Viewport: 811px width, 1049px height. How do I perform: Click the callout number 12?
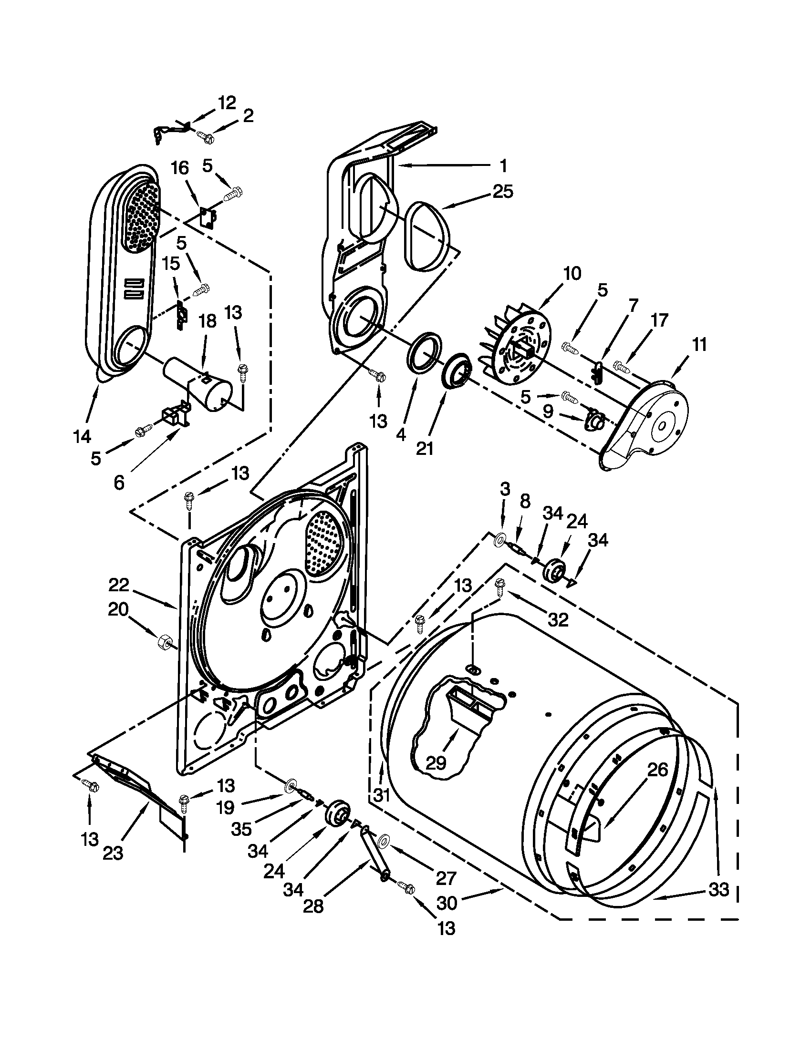tap(227, 103)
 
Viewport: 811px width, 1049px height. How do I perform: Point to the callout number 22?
tap(119, 585)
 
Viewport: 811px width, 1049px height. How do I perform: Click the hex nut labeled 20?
tap(163, 642)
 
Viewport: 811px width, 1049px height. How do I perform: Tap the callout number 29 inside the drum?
tap(436, 762)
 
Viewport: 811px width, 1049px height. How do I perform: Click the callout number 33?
tap(719, 889)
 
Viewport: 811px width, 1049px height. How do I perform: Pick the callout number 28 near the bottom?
tap(313, 906)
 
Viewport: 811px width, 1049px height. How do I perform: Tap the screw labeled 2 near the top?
tap(206, 137)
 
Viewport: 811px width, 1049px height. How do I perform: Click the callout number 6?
tap(119, 482)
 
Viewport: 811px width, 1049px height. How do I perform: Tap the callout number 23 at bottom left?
tap(113, 853)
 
